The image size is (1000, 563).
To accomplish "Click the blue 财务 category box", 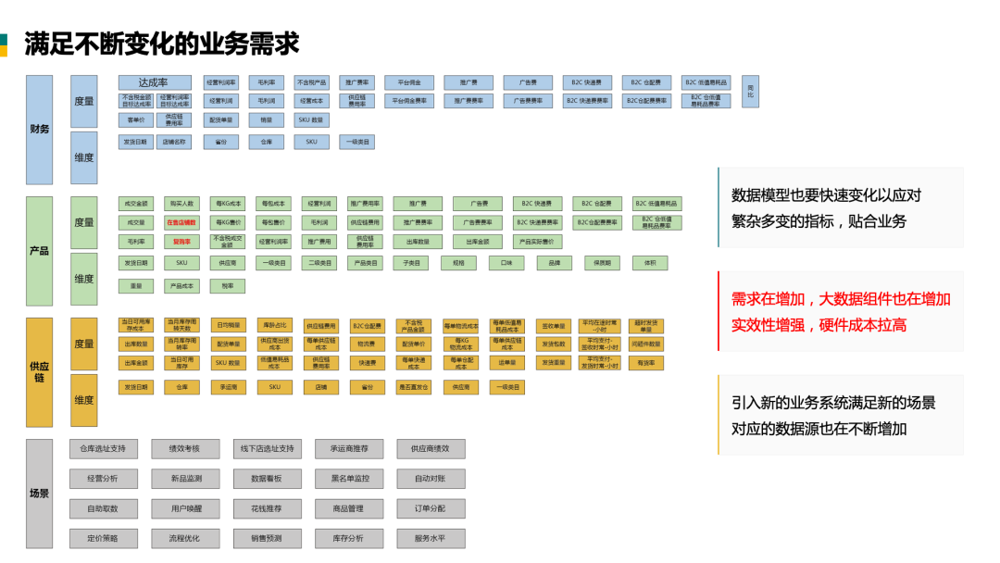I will (x=39, y=130).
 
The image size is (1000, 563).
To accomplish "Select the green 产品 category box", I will (x=39, y=251).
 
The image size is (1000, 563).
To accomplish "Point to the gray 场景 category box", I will (x=39, y=494).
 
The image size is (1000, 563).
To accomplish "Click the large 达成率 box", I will (x=155, y=82).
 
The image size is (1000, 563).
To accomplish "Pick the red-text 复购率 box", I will (x=181, y=242).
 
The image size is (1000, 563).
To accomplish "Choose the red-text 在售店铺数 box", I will (x=181, y=222).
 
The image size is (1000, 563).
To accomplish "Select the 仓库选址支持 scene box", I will (x=104, y=449).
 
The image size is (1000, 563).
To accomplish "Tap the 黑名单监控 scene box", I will (x=349, y=479).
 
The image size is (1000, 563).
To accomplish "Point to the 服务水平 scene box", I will (x=431, y=538).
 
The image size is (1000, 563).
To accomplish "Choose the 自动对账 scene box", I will (x=431, y=479).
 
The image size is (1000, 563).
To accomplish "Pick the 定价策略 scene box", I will (x=104, y=538).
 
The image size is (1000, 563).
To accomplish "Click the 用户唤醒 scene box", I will (x=185, y=508).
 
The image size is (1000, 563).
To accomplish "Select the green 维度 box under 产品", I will (x=84, y=279).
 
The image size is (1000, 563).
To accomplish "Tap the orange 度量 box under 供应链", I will (x=84, y=344).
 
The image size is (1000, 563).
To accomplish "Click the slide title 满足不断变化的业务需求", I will (x=161, y=43).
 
